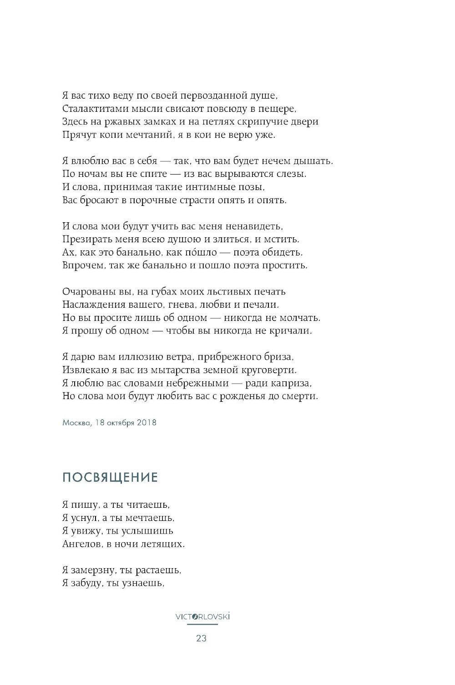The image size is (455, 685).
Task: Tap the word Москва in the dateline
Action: pos(74,423)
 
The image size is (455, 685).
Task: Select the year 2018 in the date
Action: pos(146,423)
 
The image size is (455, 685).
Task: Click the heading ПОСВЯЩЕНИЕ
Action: pos(110,478)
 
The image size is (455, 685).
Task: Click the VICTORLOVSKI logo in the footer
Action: pos(202,617)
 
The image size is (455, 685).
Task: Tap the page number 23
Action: pos(202,639)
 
